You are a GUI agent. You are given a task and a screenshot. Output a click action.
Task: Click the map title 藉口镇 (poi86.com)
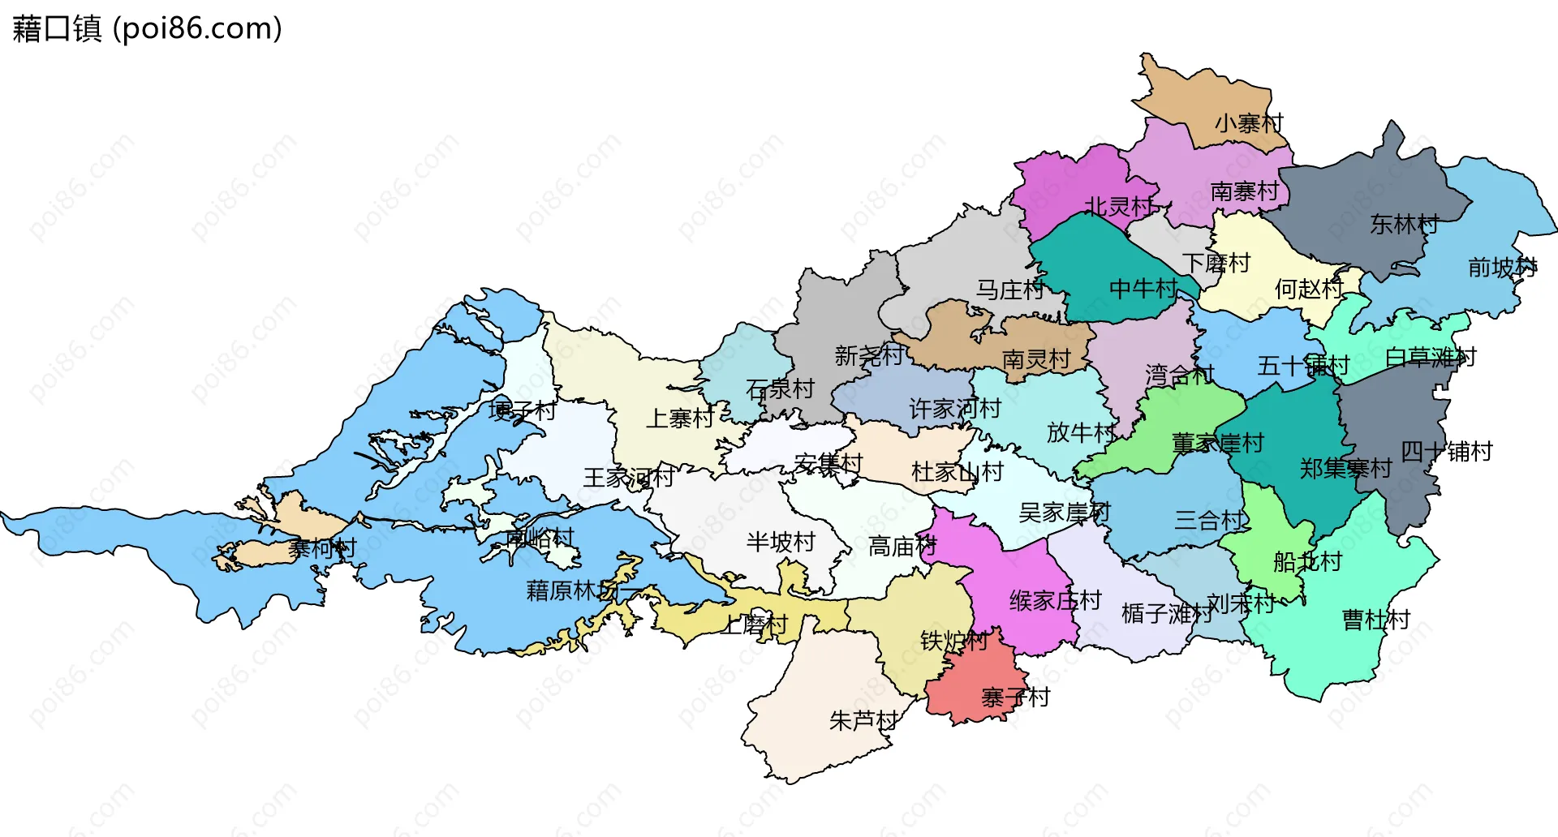[147, 28]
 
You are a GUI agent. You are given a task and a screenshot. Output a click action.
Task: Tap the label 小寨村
[1249, 123]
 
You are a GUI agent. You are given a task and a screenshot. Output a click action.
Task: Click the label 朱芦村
[863, 720]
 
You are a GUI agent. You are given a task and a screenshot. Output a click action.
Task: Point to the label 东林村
[1404, 224]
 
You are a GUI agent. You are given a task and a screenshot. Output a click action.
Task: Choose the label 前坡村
[1502, 267]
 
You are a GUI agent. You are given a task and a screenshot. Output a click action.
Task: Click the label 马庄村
[1009, 290]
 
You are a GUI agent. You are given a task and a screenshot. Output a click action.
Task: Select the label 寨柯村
[322, 548]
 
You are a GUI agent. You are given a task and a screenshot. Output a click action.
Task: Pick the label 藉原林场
[573, 590]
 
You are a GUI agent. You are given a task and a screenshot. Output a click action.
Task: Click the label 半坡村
[781, 542]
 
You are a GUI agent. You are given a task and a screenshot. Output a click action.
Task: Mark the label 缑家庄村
[1055, 600]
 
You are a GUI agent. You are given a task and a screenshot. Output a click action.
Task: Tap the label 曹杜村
[1376, 620]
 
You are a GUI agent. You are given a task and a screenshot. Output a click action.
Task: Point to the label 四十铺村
[1447, 451]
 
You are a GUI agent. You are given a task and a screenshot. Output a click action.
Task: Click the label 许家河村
[955, 408]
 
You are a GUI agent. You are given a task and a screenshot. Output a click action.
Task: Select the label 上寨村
[680, 418]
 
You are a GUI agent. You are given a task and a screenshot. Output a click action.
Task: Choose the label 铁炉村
[954, 641]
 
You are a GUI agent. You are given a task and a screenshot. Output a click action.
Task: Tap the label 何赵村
[1308, 288]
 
